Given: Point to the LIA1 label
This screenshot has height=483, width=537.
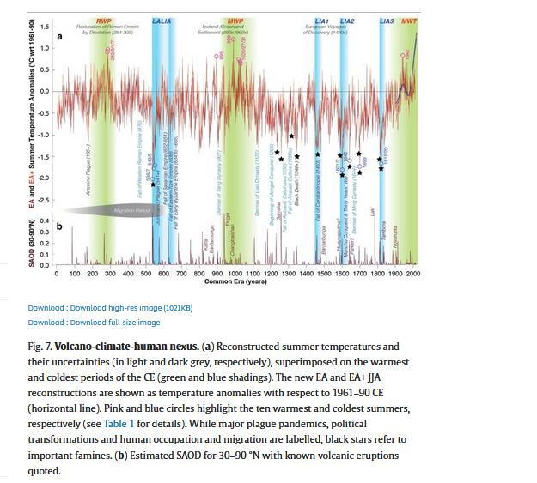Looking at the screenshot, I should coord(323,19).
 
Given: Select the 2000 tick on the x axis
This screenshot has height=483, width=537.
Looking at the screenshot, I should coord(413,273).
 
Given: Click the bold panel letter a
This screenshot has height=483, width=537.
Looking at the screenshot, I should coord(59,38).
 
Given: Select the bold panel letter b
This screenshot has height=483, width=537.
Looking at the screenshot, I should coord(59,226).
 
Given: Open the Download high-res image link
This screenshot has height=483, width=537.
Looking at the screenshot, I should coord(110,307).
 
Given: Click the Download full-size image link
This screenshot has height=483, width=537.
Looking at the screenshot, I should coord(94,323).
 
